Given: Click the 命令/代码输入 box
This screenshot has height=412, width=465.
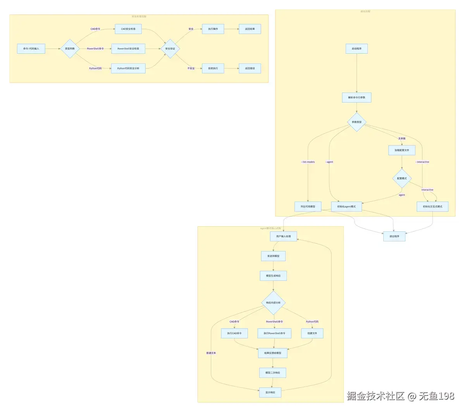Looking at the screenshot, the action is pos(31,49).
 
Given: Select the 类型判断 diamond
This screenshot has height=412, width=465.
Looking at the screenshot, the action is pos(70,49).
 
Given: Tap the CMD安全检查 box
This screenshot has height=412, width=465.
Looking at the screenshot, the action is pos(128,29).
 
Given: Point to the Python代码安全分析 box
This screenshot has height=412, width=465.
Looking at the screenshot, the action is pos(128,68).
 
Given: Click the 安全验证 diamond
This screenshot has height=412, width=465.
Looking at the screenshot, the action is pos(170,49).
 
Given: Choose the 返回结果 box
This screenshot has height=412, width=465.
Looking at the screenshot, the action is pos(250,29).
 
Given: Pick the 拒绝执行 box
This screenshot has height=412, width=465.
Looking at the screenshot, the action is pos(213,68).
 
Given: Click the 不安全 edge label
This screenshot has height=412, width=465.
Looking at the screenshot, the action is pos(191,68).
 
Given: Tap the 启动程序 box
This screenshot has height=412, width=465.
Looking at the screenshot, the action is pos(356,49).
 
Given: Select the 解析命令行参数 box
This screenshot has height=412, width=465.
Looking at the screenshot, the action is pos(356,97).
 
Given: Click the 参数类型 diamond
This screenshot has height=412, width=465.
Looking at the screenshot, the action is pos(356,122).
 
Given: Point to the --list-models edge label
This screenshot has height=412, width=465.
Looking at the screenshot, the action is pos(308,162).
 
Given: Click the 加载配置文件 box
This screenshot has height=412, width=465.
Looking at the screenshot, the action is pos(402,150).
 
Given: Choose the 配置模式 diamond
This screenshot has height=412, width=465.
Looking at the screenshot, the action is pos(402,178).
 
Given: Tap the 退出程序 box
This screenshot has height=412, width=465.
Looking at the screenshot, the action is pos(394,236).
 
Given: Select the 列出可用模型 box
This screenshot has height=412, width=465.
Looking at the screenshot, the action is pos(308,207).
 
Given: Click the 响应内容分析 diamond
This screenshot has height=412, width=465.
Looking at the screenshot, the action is pos(273,303).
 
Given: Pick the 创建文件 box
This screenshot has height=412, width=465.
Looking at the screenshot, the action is pos(312,333).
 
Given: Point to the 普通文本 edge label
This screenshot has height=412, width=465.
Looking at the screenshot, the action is pos(211,353).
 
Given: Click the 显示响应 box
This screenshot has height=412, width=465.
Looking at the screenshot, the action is pos(270,392).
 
